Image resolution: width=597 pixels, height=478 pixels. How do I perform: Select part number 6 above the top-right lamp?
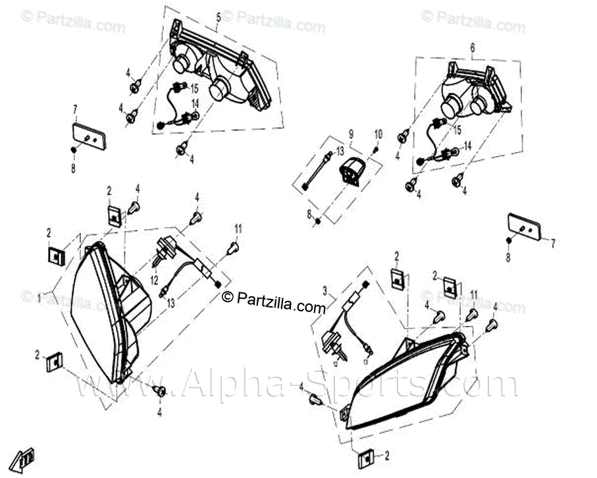point(471,47)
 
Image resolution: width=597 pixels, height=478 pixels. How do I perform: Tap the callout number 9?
point(351,133)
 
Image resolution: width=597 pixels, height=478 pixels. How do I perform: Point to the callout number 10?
point(378,134)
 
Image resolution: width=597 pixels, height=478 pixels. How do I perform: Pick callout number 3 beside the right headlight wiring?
point(324,290)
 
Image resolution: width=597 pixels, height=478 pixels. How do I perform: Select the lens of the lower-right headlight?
point(402,382)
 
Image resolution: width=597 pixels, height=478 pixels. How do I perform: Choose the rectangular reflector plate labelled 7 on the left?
point(88,135)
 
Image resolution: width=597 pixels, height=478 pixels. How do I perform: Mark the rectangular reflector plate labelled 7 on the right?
point(523,226)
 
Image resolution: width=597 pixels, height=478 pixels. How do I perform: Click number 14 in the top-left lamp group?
point(195,103)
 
